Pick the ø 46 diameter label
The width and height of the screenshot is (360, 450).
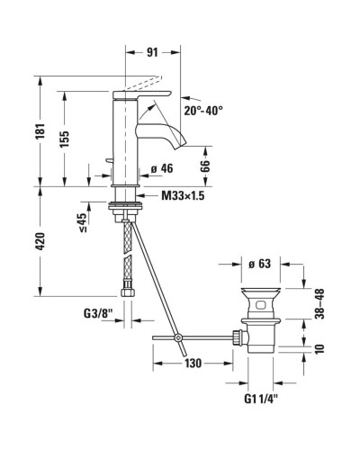(162, 168)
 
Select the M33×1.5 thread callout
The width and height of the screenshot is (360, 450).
(184, 195)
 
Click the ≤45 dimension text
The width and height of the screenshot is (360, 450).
(82, 220)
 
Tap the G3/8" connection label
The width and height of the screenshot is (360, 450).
(97, 315)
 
